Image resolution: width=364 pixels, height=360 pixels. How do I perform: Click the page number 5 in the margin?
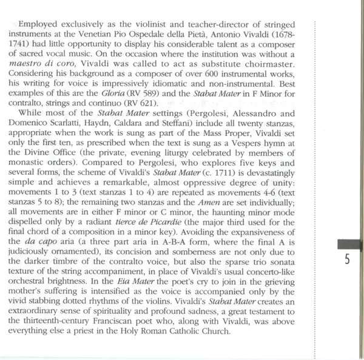(x=346, y=262)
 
